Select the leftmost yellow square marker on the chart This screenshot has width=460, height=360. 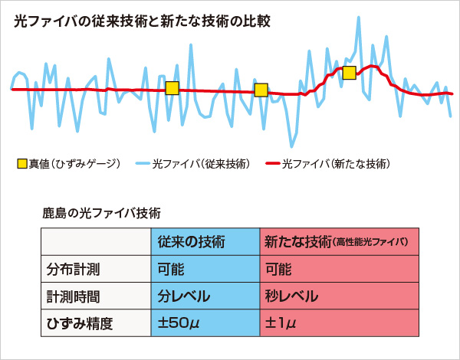tap(172, 88)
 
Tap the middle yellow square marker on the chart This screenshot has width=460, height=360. tap(261, 90)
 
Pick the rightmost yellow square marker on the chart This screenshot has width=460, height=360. tap(350, 73)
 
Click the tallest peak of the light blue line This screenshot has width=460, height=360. tap(358, 18)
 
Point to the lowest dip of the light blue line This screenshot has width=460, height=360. tap(291, 146)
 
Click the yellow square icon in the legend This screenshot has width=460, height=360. tap(22, 163)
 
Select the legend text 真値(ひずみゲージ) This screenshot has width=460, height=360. tap(74, 163)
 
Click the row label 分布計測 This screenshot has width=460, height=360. tap(67, 269)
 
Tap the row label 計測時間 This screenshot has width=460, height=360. tap(67, 296)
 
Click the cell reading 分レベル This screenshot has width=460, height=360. tap(184, 296)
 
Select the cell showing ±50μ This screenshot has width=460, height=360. tap(179, 323)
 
